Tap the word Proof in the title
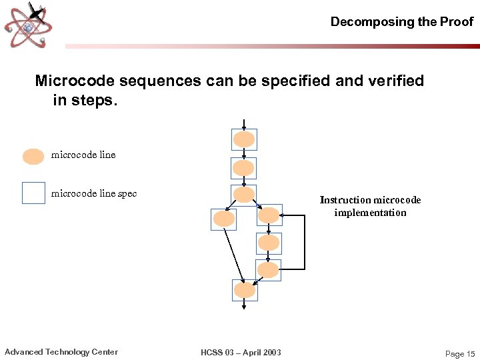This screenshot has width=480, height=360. (456, 22)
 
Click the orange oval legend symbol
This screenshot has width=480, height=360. (33, 156)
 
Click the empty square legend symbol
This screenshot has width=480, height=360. (33, 193)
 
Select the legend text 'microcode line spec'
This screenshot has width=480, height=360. (94, 194)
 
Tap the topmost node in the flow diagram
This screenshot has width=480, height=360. (244, 139)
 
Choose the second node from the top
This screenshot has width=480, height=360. (244, 168)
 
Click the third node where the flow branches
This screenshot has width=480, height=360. (244, 195)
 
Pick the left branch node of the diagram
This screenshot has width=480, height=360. (223, 219)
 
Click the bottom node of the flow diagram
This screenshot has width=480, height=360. (244, 290)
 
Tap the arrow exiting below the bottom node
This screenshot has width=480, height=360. (244, 305)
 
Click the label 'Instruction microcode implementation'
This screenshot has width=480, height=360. (370, 206)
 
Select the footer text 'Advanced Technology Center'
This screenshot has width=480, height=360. (61, 352)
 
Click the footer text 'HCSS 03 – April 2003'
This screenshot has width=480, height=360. (241, 353)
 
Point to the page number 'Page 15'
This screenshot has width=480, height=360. (459, 354)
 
